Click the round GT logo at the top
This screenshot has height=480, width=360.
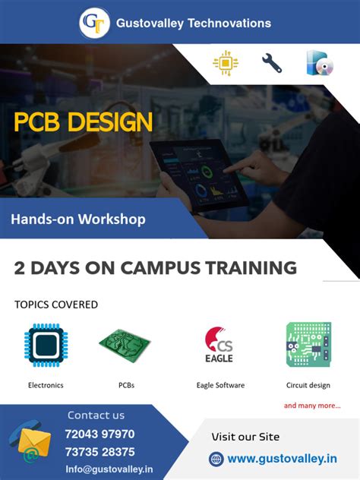pyautogui.click(x=94, y=23)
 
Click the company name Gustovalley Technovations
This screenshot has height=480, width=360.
pyautogui.click(x=193, y=24)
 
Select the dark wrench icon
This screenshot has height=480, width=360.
pyautogui.click(x=271, y=63)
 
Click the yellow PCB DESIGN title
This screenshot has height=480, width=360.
pyautogui.click(x=84, y=122)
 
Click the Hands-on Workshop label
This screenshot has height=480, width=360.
pyautogui.click(x=78, y=219)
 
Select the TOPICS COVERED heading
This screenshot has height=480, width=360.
pyautogui.click(x=56, y=305)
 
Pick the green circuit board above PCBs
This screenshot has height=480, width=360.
pyautogui.click(x=125, y=344)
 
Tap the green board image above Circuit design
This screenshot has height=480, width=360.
pyautogui.click(x=308, y=344)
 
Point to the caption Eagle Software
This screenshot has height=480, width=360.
pyautogui.click(x=220, y=385)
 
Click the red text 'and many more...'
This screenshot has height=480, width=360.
pyautogui.click(x=312, y=406)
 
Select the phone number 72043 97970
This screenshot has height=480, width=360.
pyautogui.click(x=99, y=434)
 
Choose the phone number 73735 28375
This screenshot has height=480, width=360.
pyautogui.click(x=99, y=452)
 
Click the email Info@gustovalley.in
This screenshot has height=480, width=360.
pyautogui.click(x=109, y=469)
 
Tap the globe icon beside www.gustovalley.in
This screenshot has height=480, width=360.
pyautogui.click(x=216, y=459)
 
